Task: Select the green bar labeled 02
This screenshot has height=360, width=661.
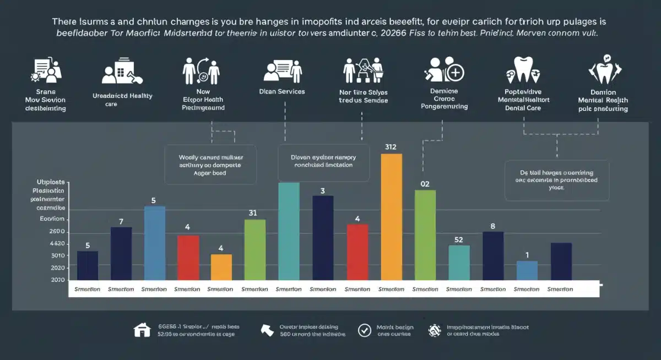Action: coord(425,235)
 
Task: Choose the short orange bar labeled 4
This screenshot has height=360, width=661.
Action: coord(221,267)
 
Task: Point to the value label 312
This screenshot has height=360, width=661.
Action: coord(391,147)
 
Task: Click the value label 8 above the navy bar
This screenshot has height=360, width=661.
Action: coord(492,226)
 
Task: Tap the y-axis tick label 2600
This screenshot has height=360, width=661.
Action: coord(57,232)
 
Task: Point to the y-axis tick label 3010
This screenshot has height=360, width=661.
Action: coord(57,255)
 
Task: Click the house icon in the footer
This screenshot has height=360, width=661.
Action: coord(142,330)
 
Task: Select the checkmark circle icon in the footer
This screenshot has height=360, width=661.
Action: coord(364,330)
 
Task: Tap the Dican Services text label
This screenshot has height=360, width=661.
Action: coord(282,91)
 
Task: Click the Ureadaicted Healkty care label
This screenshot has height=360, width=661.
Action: coord(122,99)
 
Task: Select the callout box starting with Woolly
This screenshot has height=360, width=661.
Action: coord(211,164)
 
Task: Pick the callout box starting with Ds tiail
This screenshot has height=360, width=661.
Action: coord(556,180)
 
